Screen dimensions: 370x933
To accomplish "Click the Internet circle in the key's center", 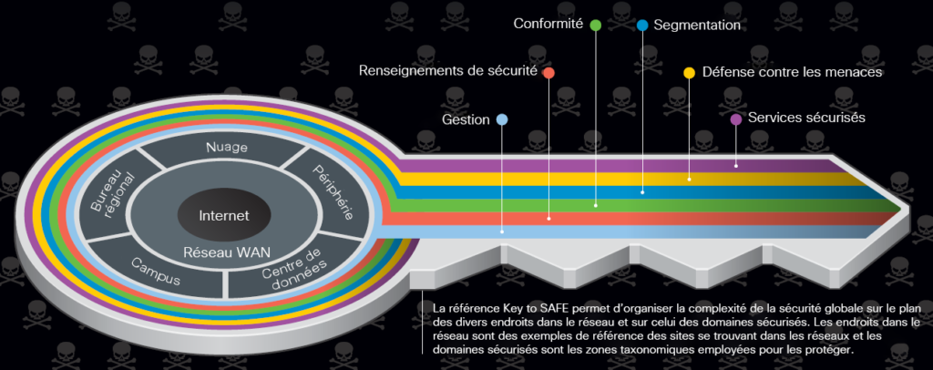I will click(x=224, y=215).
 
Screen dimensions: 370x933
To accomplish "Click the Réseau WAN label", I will click(x=224, y=252).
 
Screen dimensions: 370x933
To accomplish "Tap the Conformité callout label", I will click(x=548, y=24).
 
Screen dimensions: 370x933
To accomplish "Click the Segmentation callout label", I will click(x=697, y=25).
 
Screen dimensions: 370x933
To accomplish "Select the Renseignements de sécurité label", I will click(x=447, y=70).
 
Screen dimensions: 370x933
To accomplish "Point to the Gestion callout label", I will click(x=466, y=119).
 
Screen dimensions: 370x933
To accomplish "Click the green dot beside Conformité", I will click(x=595, y=25).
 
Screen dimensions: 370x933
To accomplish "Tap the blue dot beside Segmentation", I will click(x=642, y=25).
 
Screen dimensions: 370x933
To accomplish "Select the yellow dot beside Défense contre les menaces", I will click(x=690, y=71).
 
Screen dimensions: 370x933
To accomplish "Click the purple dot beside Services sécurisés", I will click(x=736, y=118).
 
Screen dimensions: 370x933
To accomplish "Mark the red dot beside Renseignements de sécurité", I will click(x=549, y=72).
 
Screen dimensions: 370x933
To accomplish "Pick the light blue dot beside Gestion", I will click(x=502, y=119).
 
